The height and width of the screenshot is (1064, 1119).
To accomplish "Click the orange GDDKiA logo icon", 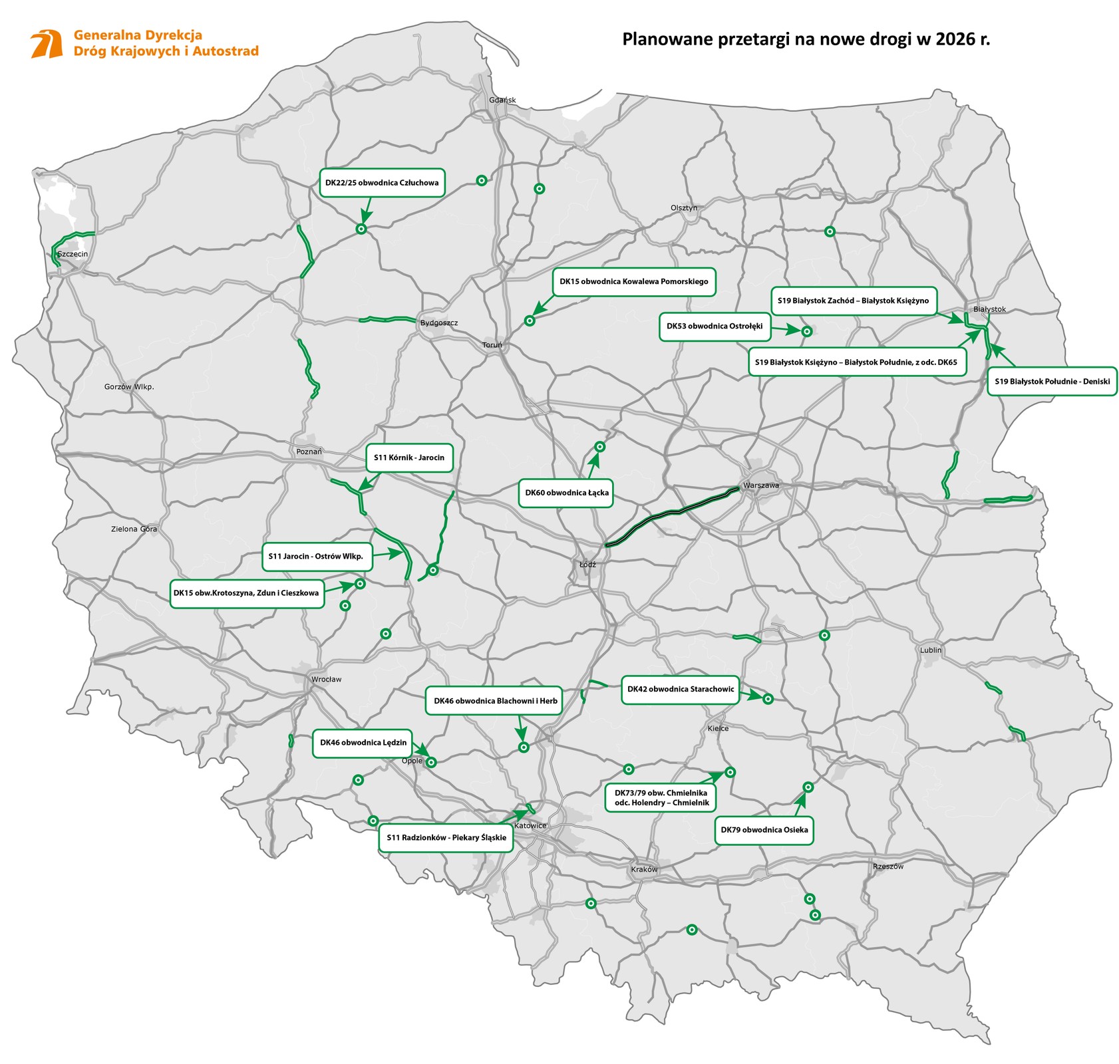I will (47, 44).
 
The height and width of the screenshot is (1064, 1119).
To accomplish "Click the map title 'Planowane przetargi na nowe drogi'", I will (806, 39).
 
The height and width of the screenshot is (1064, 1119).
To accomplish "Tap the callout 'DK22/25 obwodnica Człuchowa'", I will (382, 183).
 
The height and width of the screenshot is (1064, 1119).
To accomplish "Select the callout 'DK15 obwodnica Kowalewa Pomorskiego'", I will (633, 282).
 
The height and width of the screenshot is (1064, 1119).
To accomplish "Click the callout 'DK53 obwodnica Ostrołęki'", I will (715, 327).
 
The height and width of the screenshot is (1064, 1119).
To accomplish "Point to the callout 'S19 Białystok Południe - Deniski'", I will (1052, 382).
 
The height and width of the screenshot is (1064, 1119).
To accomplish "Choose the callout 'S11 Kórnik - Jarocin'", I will (408, 458).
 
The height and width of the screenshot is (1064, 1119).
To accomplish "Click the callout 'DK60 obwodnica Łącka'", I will (566, 493).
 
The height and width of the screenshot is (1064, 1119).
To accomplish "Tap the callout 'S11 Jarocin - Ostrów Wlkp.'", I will (316, 556).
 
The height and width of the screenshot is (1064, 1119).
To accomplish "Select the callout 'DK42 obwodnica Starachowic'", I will (681, 689).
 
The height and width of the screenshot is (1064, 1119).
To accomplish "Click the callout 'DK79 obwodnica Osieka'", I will (764, 830).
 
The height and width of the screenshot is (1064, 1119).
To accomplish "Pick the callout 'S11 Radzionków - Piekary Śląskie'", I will (446, 838).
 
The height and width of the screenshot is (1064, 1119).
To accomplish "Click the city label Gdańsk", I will (502, 100).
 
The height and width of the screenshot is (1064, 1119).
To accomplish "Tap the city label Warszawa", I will (760, 485).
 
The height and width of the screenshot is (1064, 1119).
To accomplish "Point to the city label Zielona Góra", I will (134, 529).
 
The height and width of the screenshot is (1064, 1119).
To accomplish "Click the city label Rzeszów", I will (888, 866).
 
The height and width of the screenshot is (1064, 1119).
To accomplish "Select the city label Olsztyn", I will (684, 208).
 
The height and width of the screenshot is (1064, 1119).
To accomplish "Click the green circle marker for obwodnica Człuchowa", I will (361, 229).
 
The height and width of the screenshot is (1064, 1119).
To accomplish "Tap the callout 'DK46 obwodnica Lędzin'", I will (363, 743).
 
